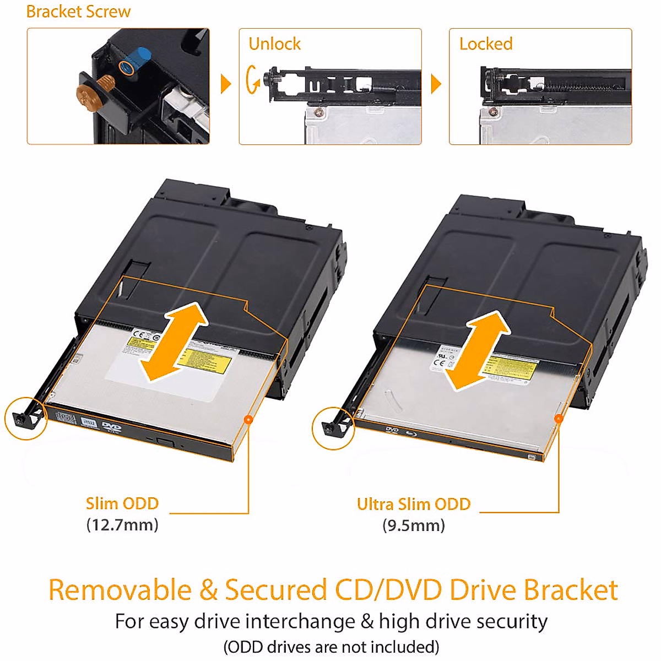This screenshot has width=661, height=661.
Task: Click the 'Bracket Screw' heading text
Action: (78, 12)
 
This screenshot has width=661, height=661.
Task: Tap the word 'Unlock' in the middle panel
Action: (274, 44)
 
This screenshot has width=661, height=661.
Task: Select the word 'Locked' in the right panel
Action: (486, 44)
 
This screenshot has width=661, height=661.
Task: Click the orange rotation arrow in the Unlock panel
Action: (253, 80)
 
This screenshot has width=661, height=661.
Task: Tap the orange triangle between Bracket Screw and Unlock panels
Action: (225, 84)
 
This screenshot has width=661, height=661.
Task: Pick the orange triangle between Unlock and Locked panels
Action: (436, 84)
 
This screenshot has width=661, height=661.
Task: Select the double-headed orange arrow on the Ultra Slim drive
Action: (477, 350)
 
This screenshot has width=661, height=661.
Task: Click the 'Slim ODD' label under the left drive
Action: (122, 503)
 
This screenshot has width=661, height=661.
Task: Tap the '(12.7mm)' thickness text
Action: (122, 524)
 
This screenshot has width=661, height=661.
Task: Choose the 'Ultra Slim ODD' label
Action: (414, 504)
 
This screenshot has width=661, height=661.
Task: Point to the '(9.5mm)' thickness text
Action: (414, 525)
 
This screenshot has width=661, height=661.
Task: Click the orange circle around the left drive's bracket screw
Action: (26, 419)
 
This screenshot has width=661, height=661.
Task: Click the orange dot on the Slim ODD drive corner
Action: (248, 420)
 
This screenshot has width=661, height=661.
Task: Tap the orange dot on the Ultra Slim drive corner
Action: (559, 419)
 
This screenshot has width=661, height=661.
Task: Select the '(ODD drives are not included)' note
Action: (331, 646)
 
